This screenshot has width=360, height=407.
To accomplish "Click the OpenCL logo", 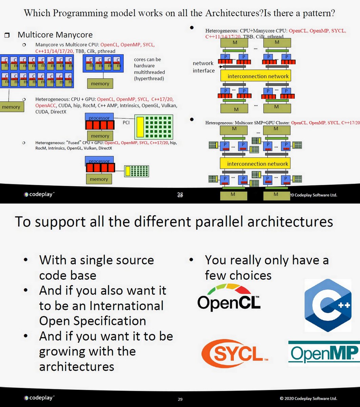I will coord(229,298).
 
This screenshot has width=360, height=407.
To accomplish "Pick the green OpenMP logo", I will coord(324,353).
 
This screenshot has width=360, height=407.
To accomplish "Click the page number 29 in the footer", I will coord(180,399).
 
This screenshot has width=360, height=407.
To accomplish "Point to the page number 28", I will coord(180,195).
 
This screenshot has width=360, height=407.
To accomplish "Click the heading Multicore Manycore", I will coord(55,35).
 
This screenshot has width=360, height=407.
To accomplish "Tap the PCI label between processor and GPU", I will coord(126,122).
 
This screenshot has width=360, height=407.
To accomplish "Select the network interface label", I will coord(203,67).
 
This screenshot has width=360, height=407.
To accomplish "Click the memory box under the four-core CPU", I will coord(100,83).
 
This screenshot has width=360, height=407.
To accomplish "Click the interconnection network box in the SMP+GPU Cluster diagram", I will coord(258,164).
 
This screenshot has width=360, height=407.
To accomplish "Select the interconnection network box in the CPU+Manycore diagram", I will coord(258,76).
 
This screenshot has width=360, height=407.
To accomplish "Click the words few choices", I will coord(238,275).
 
